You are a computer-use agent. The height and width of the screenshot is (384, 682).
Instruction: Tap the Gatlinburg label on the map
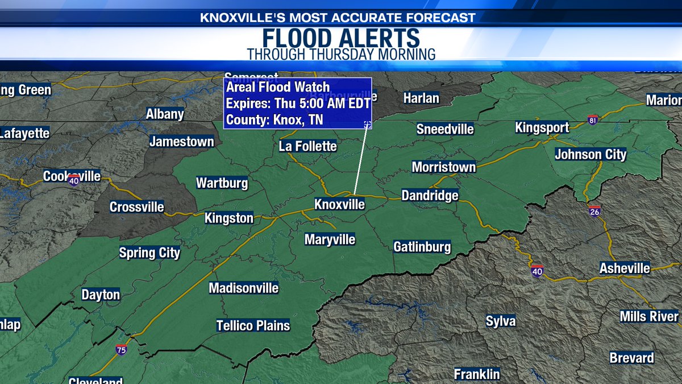[x=422, y=247]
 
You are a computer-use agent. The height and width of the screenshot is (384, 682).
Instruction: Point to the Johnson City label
[x=590, y=154]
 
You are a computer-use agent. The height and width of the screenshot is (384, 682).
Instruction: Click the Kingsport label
[x=542, y=127]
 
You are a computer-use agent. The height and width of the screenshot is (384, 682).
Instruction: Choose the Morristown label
[x=444, y=167]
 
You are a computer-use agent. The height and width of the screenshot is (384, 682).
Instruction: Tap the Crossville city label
[x=136, y=207]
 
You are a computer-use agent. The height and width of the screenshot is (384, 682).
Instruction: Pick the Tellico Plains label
[x=253, y=326]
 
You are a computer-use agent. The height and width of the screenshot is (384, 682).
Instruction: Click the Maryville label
[x=330, y=240]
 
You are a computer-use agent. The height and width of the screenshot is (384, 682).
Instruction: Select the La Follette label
[x=308, y=146]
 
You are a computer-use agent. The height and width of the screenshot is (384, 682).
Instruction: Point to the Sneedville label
[x=445, y=129]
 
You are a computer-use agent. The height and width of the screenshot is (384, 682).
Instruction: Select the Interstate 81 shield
[x=593, y=120]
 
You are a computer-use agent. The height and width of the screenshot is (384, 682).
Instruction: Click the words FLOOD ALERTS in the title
[x=341, y=38]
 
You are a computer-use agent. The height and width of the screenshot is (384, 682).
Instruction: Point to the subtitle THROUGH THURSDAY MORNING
[x=341, y=55]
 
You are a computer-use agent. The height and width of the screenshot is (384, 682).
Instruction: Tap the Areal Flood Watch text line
[x=278, y=88]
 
